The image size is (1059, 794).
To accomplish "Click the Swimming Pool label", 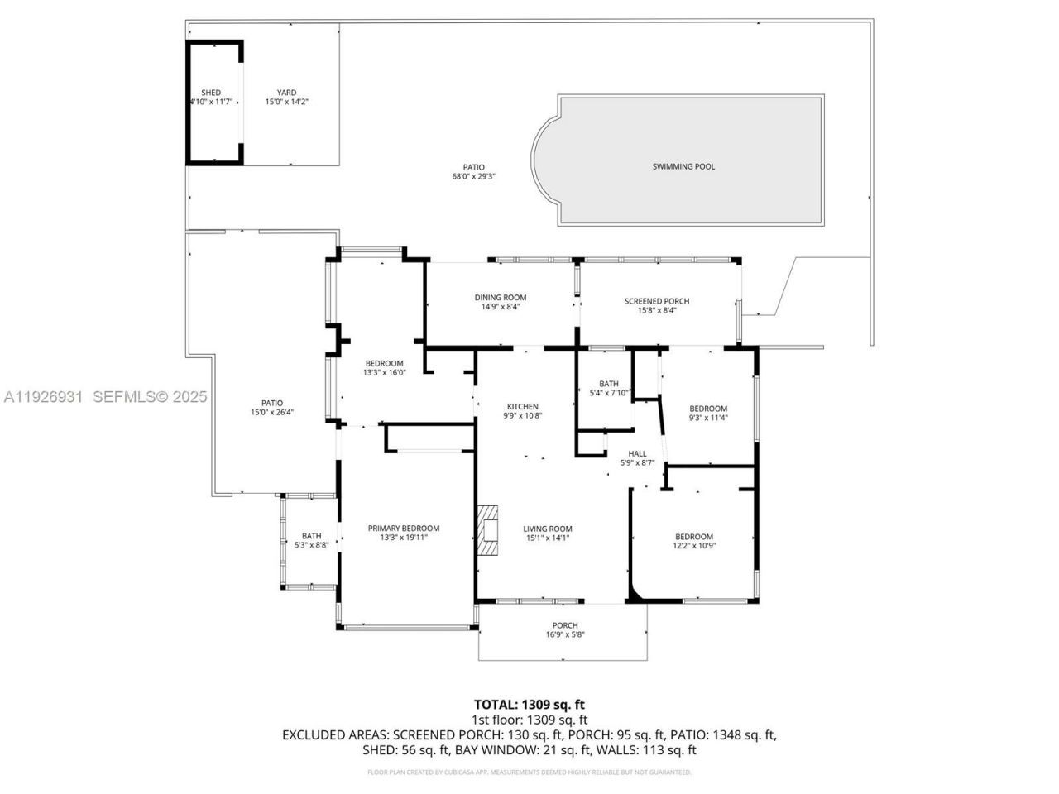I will click(x=683, y=166).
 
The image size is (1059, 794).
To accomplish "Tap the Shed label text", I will click(x=211, y=93).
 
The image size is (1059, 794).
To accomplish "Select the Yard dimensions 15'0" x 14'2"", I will click(x=286, y=103).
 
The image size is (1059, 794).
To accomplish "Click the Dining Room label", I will click(x=500, y=298).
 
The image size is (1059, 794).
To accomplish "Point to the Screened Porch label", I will click(x=656, y=301).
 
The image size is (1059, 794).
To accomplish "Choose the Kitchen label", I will click(x=522, y=406).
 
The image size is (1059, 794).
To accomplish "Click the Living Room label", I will click(x=547, y=529).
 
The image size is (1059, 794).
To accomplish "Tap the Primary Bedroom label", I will click(x=404, y=528).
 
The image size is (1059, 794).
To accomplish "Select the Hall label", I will click(x=637, y=453).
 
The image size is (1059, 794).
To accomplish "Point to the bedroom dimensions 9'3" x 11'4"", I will click(x=708, y=418).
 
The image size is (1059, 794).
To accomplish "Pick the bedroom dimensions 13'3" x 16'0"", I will click(x=384, y=373).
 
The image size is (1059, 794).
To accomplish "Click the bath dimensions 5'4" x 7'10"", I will click(x=609, y=393).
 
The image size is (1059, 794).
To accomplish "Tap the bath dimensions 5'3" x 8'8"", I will click(x=311, y=545).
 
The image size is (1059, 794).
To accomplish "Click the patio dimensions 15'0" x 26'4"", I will click(x=271, y=413).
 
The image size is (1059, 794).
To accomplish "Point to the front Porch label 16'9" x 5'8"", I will click(x=565, y=629).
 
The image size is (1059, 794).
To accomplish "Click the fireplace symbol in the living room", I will click(x=491, y=529).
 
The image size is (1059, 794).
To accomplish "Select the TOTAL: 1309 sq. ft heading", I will click(x=529, y=705).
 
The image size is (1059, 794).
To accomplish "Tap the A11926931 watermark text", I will click(x=43, y=397).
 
